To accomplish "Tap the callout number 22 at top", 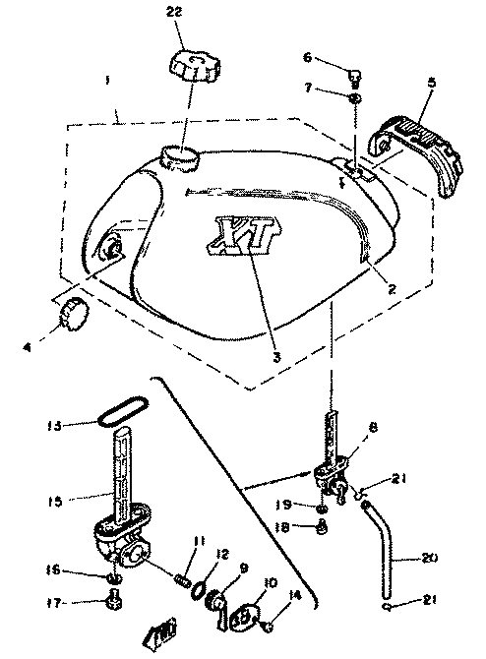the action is click(174, 12).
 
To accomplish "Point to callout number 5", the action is click(432, 82).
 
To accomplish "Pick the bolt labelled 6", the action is click(355, 78).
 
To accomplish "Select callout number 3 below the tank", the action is click(276, 357).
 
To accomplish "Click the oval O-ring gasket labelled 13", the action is click(123, 410).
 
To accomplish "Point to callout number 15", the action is click(55, 501).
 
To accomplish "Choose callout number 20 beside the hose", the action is click(429, 558).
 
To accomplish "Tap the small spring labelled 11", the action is click(182, 581).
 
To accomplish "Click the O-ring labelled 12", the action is click(199, 589).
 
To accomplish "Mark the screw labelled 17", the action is click(113, 600).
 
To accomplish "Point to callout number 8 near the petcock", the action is click(373, 428).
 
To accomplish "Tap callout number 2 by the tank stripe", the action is click(392, 289).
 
